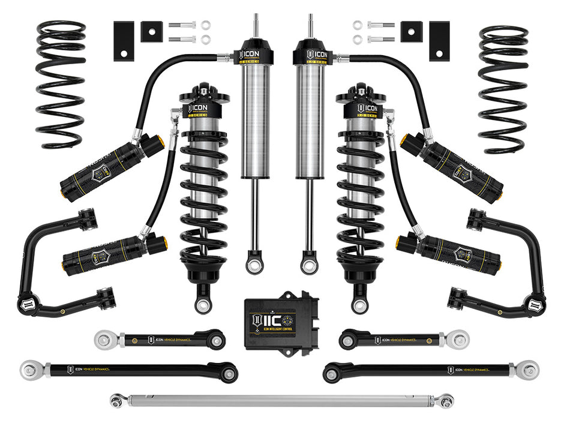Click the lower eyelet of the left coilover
[203, 303]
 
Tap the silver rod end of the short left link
[105, 340]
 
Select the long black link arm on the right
[420, 369]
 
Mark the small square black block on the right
[411, 31]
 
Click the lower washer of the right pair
[358, 40]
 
